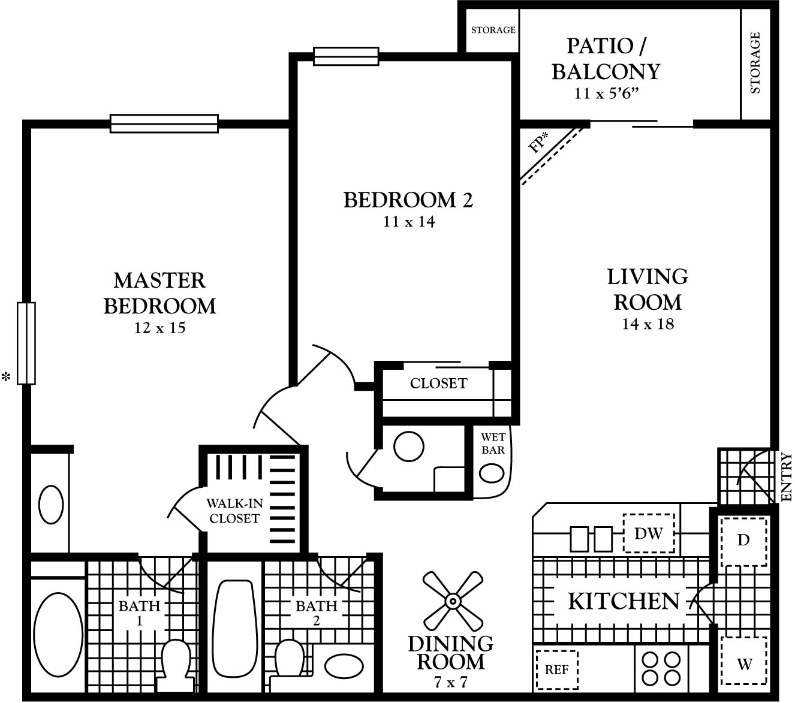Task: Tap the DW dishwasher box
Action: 648,533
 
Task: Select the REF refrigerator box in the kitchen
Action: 556,669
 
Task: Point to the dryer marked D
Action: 743,541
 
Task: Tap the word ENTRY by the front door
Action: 787,477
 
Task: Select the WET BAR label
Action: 493,443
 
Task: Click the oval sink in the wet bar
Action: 492,473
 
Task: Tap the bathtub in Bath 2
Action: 235,626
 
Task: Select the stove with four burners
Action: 661,668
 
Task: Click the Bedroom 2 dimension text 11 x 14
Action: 409,222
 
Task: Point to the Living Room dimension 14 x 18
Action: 648,324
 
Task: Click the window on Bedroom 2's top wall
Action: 346,56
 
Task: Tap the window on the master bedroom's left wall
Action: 26,343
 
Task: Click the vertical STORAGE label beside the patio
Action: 755,63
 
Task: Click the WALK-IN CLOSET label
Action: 234,511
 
